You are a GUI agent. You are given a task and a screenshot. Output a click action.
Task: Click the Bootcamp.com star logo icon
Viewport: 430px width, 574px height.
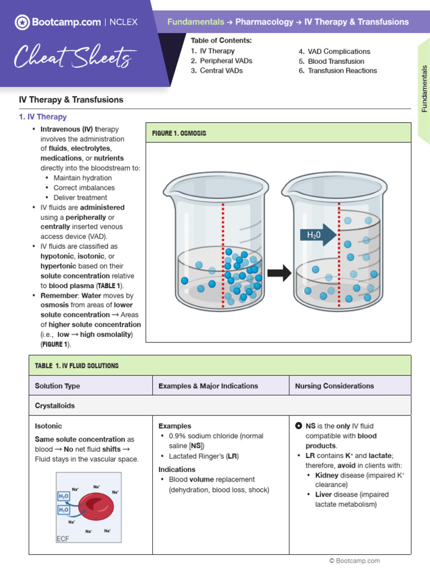pos(22,22)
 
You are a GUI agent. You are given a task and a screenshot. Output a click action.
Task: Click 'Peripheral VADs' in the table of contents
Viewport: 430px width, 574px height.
pos(226,61)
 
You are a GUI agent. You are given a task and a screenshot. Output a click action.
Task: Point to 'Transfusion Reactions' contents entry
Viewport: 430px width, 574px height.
pos(342,71)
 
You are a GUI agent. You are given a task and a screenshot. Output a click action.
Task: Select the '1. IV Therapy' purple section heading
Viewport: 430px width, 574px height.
pos(43,117)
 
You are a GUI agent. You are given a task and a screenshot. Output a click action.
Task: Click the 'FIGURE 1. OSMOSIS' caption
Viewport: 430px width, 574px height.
pos(179,133)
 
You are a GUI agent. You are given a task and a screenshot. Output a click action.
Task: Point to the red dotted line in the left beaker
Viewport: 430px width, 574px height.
pos(223,252)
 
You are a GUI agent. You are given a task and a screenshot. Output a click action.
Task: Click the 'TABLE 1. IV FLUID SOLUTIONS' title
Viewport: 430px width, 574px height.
pos(77,365)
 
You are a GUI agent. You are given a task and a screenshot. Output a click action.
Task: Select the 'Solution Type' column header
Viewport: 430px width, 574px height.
pos(57,386)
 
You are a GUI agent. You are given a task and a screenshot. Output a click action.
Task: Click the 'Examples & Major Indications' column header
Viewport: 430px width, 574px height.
pos(208,386)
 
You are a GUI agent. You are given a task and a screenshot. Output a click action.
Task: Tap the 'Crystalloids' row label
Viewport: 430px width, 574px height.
pos(55,405)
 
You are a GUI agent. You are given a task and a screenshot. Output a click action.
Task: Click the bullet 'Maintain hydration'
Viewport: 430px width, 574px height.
pos(83,178)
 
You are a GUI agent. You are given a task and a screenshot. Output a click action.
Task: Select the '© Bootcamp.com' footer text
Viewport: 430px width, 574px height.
pos(354,561)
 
